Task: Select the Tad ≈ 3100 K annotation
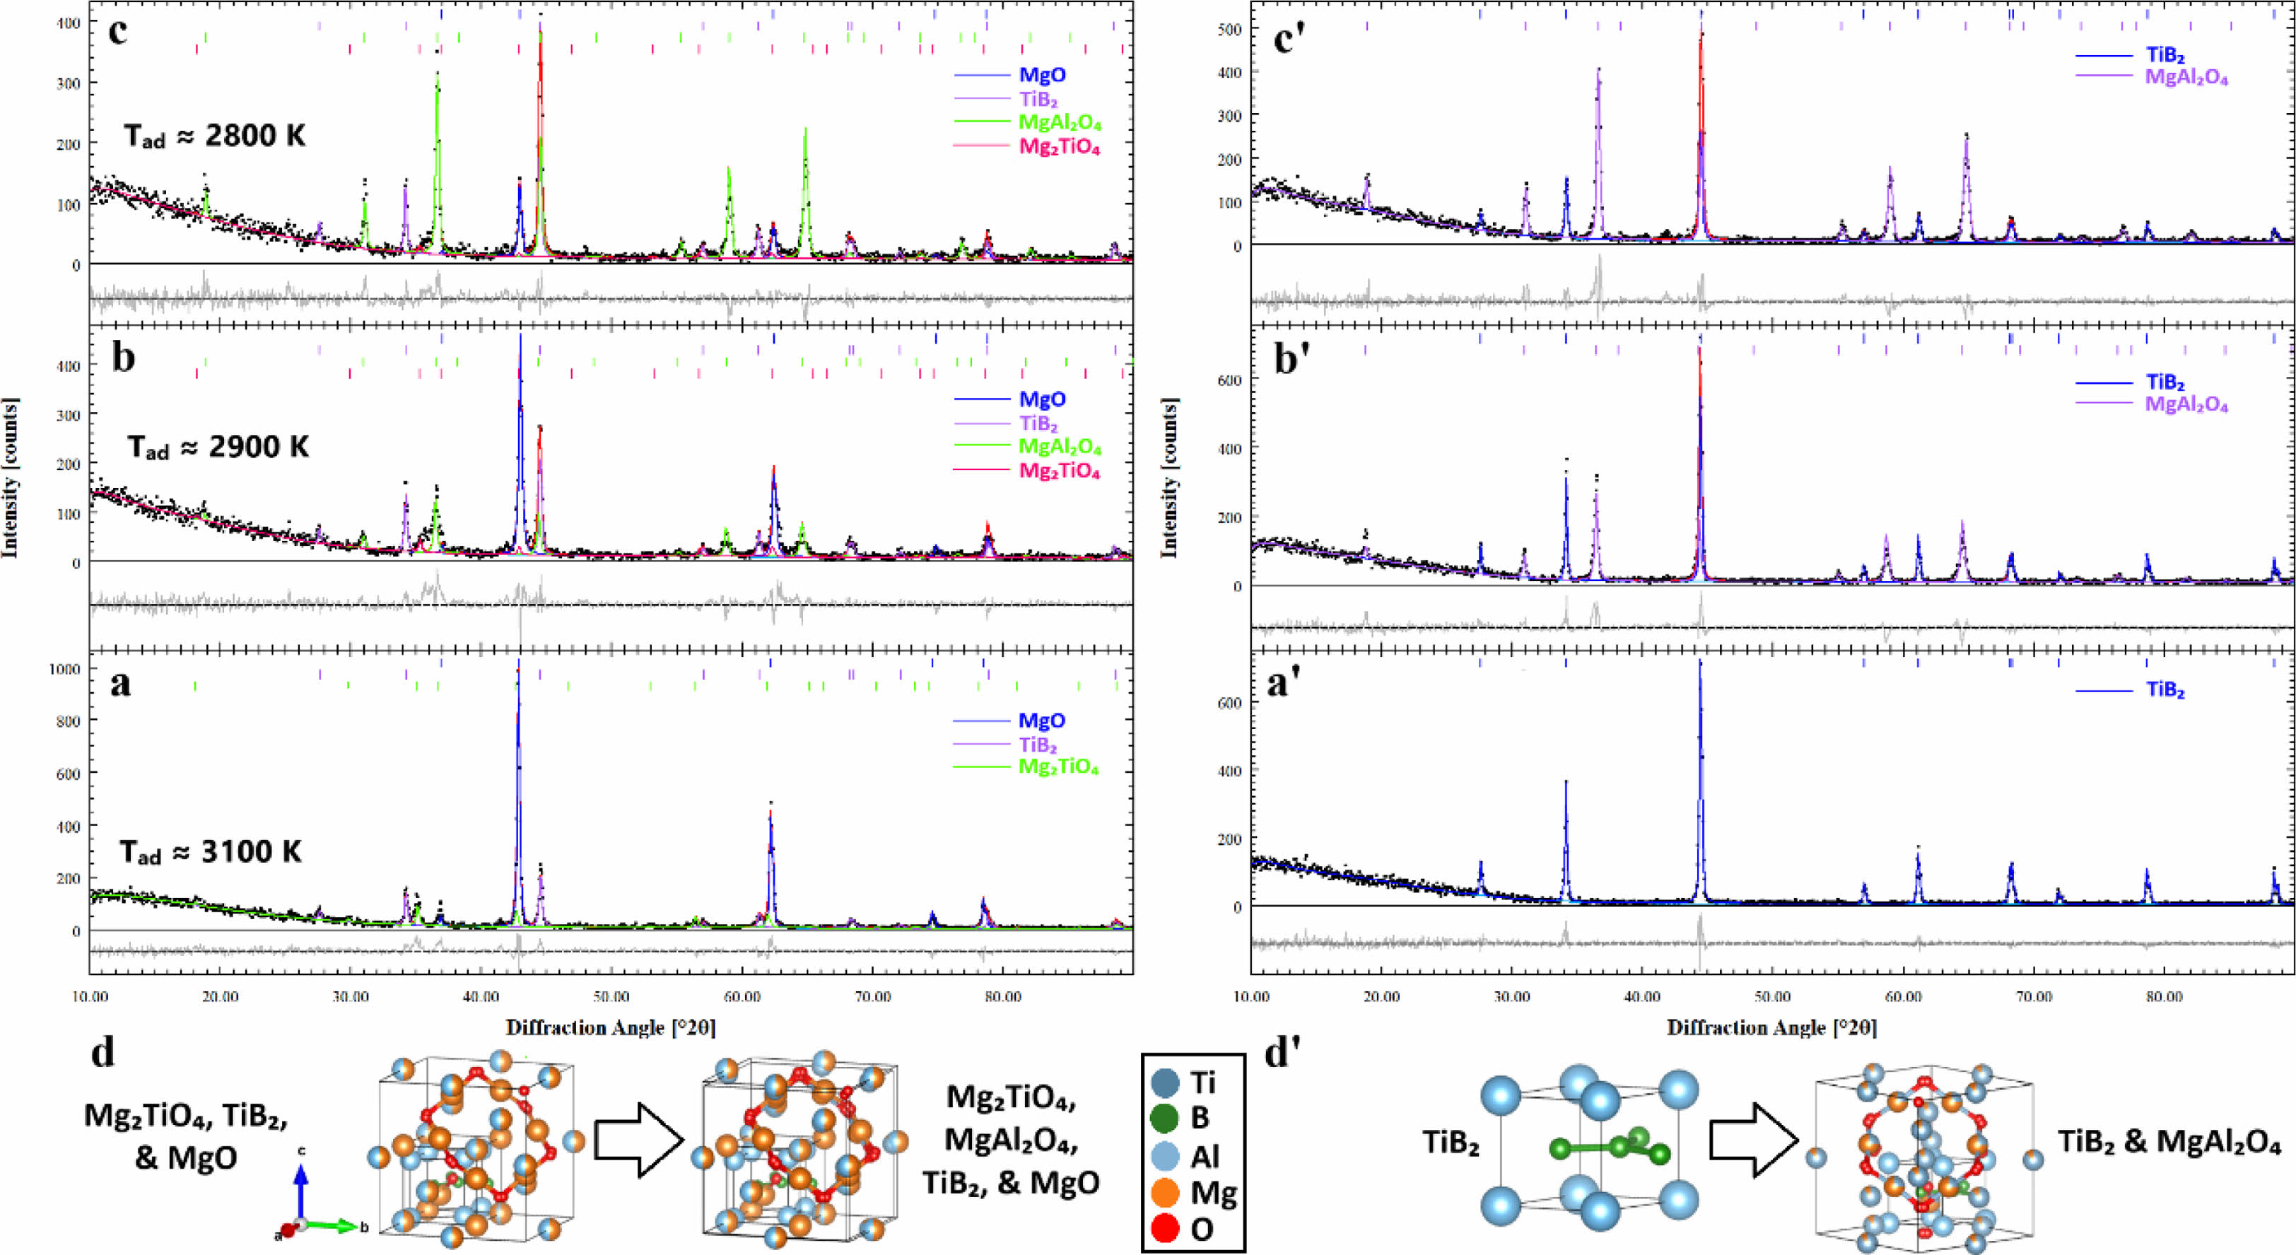coord(211,852)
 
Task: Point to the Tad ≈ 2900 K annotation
coord(218,447)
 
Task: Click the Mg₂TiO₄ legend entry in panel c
coord(1059,147)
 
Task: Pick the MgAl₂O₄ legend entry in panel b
coord(1059,447)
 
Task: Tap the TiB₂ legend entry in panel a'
coord(2164,691)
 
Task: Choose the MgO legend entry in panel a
coord(1041,720)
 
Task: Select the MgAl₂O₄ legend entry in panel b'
coord(2186,404)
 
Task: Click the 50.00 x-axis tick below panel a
coord(611,996)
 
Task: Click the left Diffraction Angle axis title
coord(611,1028)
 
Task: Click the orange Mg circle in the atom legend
coord(1166,1193)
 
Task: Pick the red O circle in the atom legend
coord(1166,1229)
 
